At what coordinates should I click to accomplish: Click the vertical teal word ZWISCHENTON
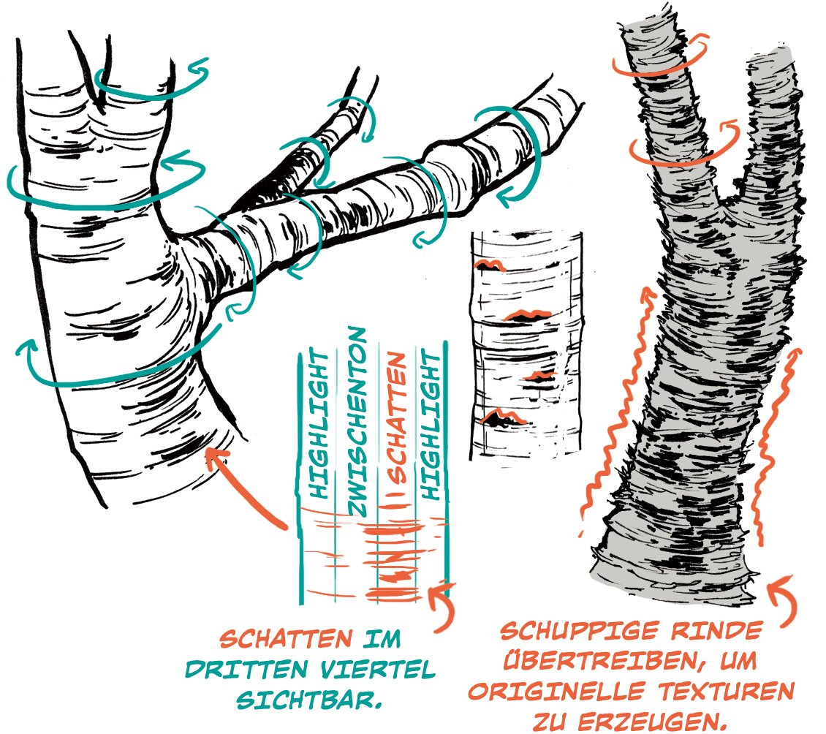357,422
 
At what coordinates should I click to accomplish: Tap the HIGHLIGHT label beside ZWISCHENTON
318,423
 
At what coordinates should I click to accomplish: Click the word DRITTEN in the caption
246,670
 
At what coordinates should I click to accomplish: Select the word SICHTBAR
308,700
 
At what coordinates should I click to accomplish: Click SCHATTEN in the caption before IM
286,639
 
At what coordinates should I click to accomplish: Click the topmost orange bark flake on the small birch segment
490,265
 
